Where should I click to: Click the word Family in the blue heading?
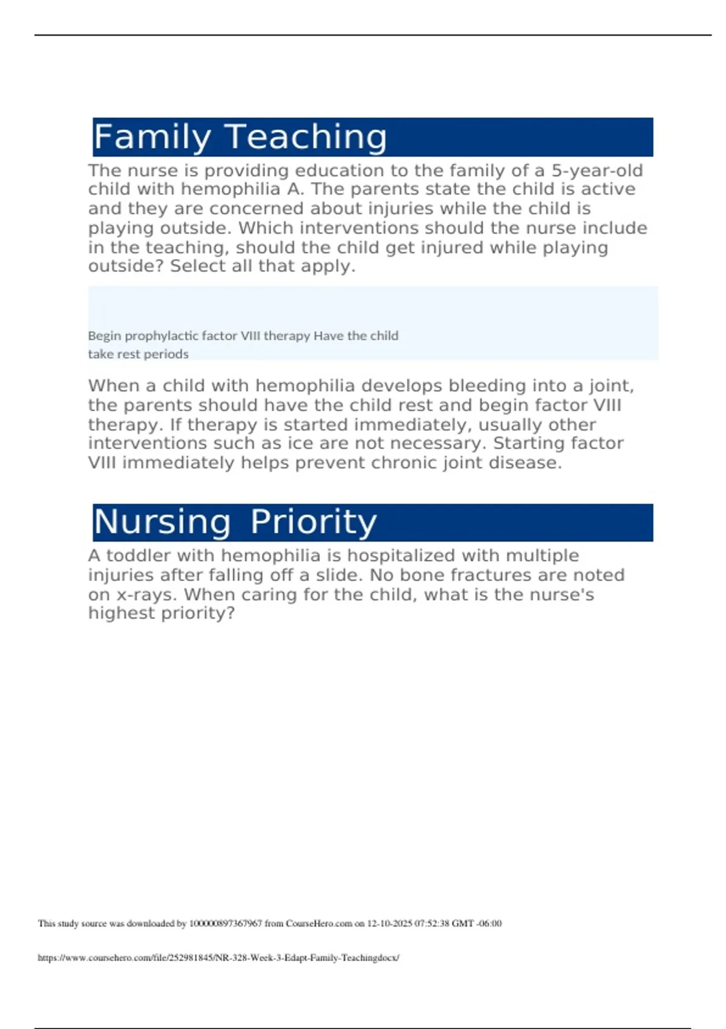click(x=152, y=137)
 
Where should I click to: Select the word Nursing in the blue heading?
click(x=162, y=522)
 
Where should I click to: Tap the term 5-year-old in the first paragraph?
click(x=597, y=171)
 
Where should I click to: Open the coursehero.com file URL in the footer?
click(x=218, y=958)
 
